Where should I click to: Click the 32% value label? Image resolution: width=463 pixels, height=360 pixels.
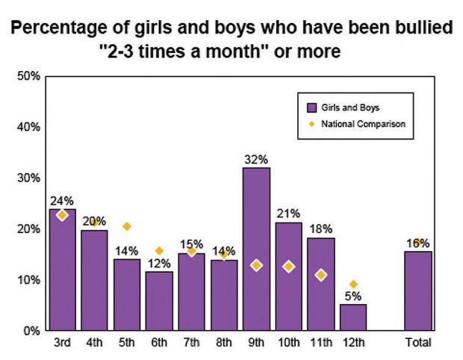[255, 159]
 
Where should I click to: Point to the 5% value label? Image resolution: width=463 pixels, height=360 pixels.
[353, 295]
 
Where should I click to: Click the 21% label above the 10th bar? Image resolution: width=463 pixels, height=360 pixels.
[288, 214]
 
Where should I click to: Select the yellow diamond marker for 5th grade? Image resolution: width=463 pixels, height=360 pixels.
[127, 226]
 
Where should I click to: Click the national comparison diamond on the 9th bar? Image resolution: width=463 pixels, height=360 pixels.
[255, 265]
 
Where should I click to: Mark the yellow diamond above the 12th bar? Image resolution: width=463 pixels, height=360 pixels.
[353, 284]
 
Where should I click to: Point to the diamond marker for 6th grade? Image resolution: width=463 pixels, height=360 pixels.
[159, 251]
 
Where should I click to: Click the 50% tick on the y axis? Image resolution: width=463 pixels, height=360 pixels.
[28, 76]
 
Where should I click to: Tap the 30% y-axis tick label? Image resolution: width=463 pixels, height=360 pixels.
[28, 178]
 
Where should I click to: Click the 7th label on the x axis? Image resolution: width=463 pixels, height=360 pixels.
[191, 343]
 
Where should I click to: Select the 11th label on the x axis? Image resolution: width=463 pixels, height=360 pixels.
[320, 343]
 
